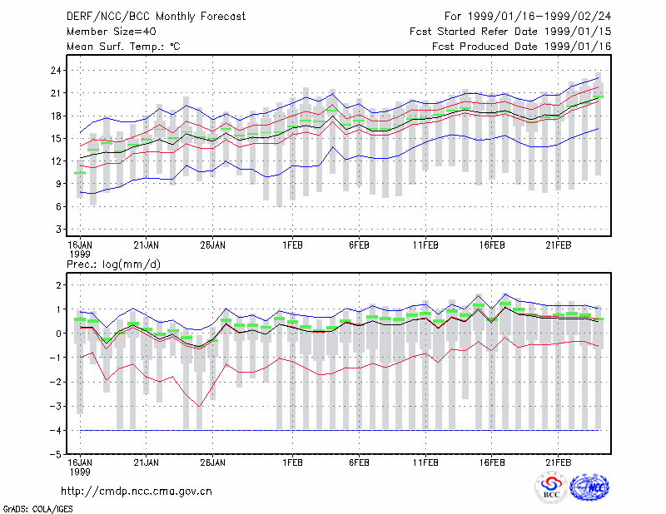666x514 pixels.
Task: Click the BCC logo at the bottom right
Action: [x=551, y=487]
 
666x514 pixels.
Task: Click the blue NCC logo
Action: [x=589, y=487]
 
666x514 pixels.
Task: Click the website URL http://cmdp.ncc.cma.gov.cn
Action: [x=137, y=492]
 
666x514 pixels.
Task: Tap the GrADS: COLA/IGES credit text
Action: [x=37, y=509]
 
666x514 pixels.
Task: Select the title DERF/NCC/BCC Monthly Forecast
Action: [x=156, y=17]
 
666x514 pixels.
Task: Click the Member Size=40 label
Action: [x=112, y=32]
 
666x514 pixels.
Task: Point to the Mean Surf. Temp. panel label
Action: [x=123, y=47]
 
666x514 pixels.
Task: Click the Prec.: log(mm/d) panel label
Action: [x=113, y=264]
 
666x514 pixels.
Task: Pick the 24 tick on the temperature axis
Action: [x=56, y=71]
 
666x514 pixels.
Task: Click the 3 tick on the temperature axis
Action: [x=58, y=230]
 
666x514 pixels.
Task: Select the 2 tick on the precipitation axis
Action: [x=58, y=285]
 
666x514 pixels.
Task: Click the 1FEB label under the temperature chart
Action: [x=293, y=245]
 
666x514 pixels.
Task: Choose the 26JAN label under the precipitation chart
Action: [x=213, y=462]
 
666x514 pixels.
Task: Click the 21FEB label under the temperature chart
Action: [x=558, y=245]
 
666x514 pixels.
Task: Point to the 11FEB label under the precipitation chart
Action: [x=425, y=462]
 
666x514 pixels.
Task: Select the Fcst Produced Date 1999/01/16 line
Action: [x=522, y=47]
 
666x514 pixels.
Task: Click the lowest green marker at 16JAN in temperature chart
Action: [x=80, y=173]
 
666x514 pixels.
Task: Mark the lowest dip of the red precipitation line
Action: [x=199, y=407]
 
